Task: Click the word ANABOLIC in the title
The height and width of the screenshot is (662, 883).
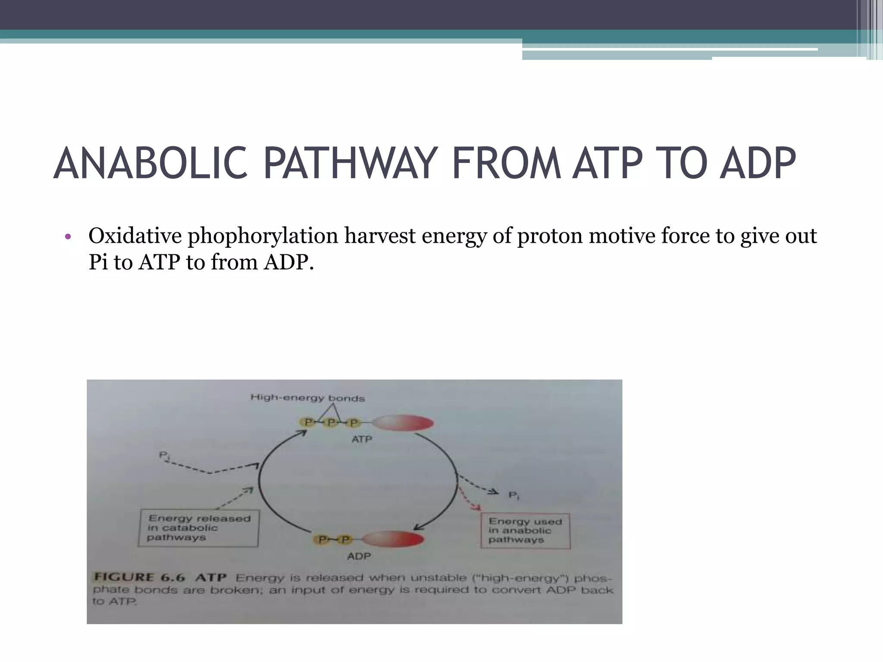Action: tap(151, 164)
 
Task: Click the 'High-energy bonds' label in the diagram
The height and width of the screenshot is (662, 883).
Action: tap(307, 398)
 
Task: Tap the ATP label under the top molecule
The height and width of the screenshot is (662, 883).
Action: tap(362, 439)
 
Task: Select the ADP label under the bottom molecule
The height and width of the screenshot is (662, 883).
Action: tap(359, 556)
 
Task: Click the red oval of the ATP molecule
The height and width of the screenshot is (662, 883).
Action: tap(403, 423)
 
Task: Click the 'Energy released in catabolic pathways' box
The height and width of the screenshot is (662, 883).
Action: tap(198, 528)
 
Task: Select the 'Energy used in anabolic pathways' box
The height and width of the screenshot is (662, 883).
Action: tap(525, 531)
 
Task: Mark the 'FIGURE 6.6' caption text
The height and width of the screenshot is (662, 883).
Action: tap(139, 578)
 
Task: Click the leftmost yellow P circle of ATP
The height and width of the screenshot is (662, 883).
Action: tap(308, 422)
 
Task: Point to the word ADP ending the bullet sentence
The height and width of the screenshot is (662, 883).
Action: tap(286, 262)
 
